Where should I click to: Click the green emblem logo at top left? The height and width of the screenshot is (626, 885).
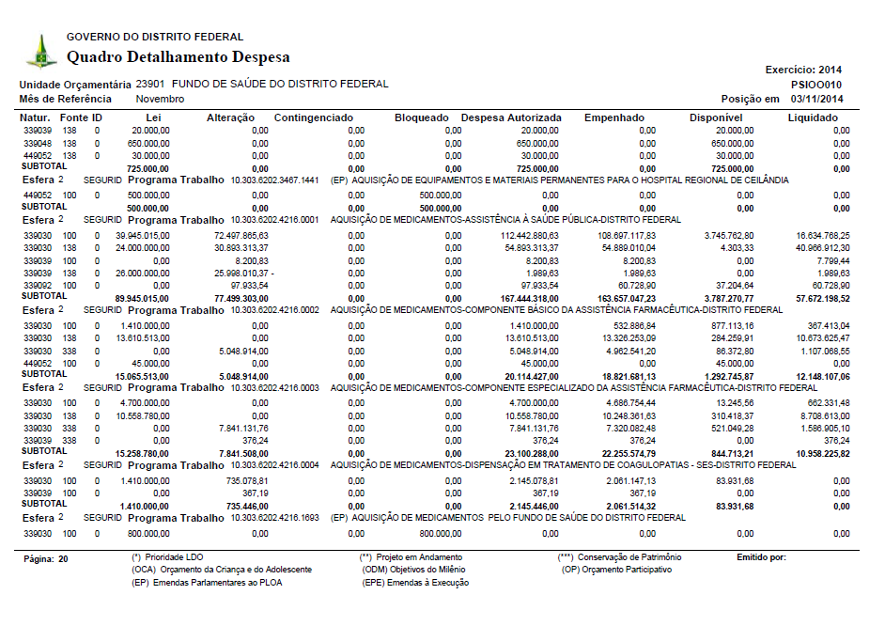40,51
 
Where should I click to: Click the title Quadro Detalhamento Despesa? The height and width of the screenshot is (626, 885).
178,57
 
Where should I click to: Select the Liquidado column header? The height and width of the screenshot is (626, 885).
813,117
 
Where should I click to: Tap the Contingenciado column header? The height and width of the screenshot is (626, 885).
313,117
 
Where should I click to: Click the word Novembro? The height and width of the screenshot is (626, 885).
160,99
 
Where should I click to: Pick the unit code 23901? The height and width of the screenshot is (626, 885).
150,84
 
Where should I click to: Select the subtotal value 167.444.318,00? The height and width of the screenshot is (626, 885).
529,296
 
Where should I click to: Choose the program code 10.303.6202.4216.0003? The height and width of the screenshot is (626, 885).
274,387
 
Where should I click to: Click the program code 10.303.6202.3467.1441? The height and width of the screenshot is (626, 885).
274,180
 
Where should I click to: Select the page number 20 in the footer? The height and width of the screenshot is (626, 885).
63,558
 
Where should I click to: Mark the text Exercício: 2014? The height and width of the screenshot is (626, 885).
803,70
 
